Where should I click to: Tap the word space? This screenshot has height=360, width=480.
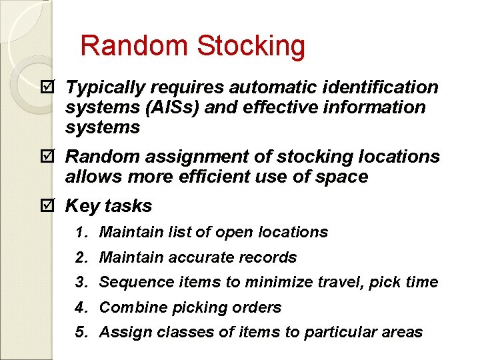pos(343,178)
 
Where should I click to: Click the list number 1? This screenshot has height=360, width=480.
pos(81,232)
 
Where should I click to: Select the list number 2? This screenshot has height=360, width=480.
pos(81,257)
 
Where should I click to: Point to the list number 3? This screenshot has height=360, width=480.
pos(81,282)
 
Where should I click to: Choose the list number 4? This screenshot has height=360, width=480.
pos(81,307)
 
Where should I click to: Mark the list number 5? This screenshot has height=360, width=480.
pos(81,332)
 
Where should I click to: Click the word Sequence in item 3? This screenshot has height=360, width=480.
pos(132,283)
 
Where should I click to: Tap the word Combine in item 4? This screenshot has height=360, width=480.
pos(133,307)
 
